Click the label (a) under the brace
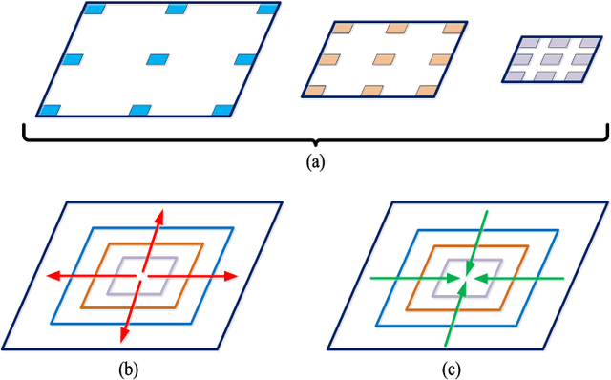(315, 163)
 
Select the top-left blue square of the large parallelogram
(95, 9)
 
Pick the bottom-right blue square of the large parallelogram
(221, 110)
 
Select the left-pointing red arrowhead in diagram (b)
(54, 276)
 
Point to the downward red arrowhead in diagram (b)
(123, 335)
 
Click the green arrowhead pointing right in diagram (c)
(449, 278)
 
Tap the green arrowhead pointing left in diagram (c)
(481, 278)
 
